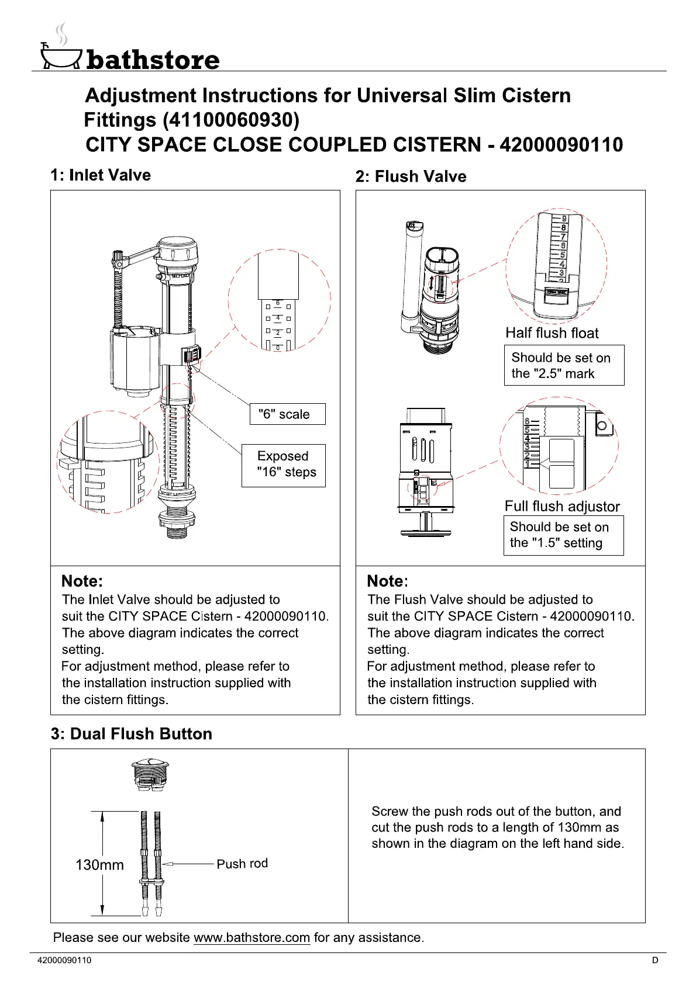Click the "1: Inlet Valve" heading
tap(101, 175)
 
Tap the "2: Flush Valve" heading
tap(411, 176)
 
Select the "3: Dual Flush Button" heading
tap(131, 734)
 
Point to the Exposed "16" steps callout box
tap(284, 465)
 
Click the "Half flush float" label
tap(552, 333)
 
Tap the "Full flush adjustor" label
tap(561, 506)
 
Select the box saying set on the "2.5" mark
tap(564, 365)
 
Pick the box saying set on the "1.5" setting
tap(563, 535)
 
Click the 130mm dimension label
tap(99, 865)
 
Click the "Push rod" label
tap(242, 864)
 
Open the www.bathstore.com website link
tap(251, 938)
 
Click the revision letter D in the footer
tap(655, 960)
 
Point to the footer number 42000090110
tap(64, 960)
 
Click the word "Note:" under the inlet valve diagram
tap(82, 581)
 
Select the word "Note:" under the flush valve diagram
tap(387, 581)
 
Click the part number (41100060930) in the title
tap(230, 120)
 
